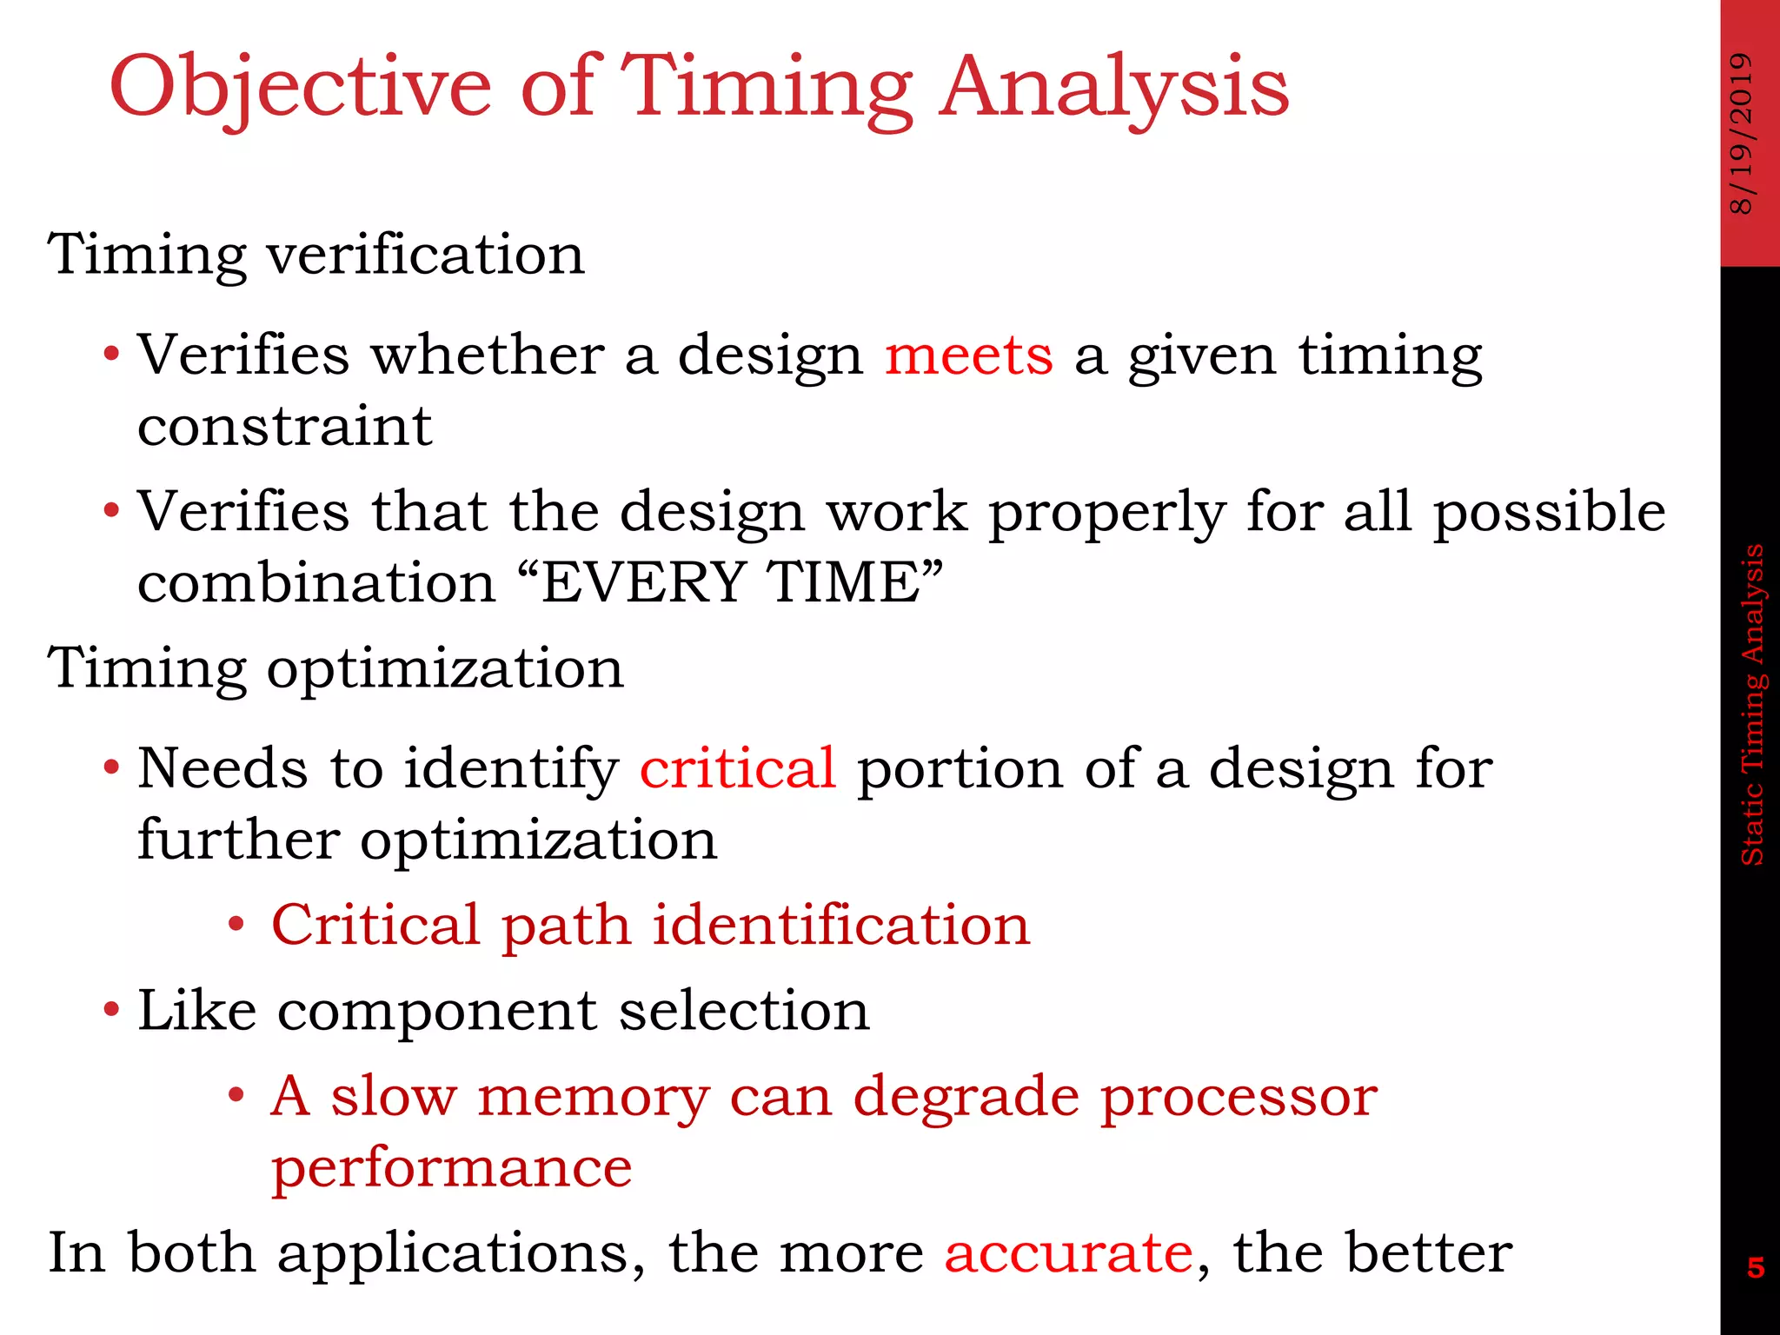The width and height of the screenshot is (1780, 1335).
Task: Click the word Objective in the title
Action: pos(300,87)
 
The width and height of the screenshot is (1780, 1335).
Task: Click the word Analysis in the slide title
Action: pos(1114,87)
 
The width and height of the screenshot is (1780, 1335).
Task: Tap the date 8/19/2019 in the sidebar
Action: pos(1742,132)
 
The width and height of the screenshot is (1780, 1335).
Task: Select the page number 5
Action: pos(1756,1268)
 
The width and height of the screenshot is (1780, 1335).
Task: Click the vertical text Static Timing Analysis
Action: pos(1752,704)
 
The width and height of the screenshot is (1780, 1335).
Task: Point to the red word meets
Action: pos(968,355)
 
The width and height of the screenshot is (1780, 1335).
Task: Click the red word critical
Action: pos(737,768)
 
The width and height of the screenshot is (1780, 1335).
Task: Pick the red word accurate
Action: pos(1068,1252)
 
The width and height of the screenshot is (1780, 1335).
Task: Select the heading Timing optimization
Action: pos(335,668)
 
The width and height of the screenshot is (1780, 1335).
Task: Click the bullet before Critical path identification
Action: pos(236,925)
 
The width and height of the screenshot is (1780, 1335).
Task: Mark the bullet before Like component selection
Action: pos(110,1011)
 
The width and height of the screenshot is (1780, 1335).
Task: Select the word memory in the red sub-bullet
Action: pos(593,1096)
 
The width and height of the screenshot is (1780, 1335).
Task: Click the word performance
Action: pos(451,1168)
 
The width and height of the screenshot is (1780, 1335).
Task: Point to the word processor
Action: pos(1239,1096)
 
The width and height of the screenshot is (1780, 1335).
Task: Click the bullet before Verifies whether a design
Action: pos(110,355)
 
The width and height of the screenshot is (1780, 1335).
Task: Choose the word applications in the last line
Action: pos(461,1252)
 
